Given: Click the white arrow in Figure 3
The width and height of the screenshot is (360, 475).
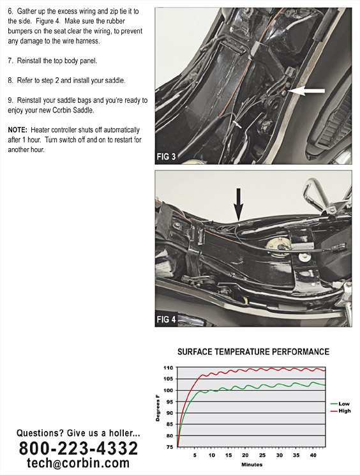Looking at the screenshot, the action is [306, 91].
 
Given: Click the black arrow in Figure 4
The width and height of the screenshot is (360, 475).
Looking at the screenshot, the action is [238, 204].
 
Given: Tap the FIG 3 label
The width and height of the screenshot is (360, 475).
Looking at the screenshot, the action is [166, 156].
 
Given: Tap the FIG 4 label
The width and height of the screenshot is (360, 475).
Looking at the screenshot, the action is [166, 320].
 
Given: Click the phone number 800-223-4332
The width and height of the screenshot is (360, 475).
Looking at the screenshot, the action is [79, 448].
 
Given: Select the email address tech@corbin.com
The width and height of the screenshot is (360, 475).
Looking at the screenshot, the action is [78, 463].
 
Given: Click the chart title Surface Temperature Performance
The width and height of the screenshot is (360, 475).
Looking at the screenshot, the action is [253, 352].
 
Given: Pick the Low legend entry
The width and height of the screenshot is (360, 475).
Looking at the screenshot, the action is [340, 403].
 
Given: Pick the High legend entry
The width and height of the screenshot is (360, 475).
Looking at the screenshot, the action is [341, 411].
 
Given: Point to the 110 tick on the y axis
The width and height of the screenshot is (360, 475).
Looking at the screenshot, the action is [168, 368].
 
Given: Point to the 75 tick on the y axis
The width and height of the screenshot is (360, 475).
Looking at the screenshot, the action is [169, 447].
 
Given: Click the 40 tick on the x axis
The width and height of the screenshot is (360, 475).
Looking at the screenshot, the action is [313, 455].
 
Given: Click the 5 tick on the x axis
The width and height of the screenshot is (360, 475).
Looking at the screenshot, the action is [195, 455].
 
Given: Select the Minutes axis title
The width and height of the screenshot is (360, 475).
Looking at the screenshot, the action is [252, 465].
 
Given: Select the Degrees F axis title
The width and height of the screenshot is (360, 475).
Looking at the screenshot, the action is [158, 407].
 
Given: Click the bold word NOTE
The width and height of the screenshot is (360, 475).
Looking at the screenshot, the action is [18, 130].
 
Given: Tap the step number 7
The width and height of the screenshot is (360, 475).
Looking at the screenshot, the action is [10, 61].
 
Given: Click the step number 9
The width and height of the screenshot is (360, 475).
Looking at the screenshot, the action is [10, 100].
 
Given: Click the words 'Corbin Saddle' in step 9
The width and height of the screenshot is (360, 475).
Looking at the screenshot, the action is [73, 110].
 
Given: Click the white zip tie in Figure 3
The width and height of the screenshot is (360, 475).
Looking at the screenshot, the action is [236, 124].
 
